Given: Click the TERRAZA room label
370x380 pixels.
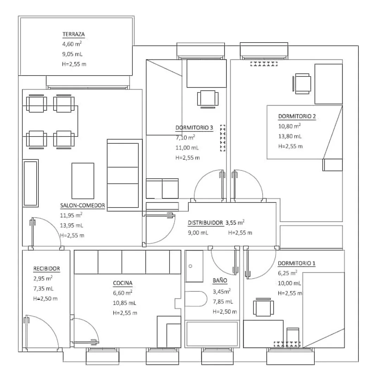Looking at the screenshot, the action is (74, 34).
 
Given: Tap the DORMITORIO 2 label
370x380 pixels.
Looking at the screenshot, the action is (297, 116).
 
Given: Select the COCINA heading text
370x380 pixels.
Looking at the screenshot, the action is (123, 283).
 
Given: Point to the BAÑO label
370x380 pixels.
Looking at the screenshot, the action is (220, 281).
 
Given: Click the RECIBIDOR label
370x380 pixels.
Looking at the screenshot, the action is (46, 268).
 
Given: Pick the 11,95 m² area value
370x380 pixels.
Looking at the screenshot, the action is (71, 215).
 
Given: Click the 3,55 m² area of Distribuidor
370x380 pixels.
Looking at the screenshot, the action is (235, 222).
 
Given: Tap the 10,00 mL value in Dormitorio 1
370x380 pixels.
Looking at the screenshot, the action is (289, 283).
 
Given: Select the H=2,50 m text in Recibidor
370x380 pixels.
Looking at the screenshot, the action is (45, 299).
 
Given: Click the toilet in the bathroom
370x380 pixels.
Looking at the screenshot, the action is (196, 299).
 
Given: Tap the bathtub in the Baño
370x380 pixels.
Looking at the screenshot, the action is (212, 334).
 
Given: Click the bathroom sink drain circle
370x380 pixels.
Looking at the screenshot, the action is (190, 266).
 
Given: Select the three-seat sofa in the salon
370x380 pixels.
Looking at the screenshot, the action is (125, 175).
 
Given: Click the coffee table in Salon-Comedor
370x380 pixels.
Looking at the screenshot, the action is (83, 181).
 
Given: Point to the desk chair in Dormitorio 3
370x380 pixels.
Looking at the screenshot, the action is (208, 99).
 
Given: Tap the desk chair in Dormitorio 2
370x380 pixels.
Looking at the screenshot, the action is (302, 84).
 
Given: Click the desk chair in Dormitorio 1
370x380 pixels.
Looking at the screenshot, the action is (264, 307).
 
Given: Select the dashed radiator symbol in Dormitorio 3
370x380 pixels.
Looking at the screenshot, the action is (222, 138).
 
